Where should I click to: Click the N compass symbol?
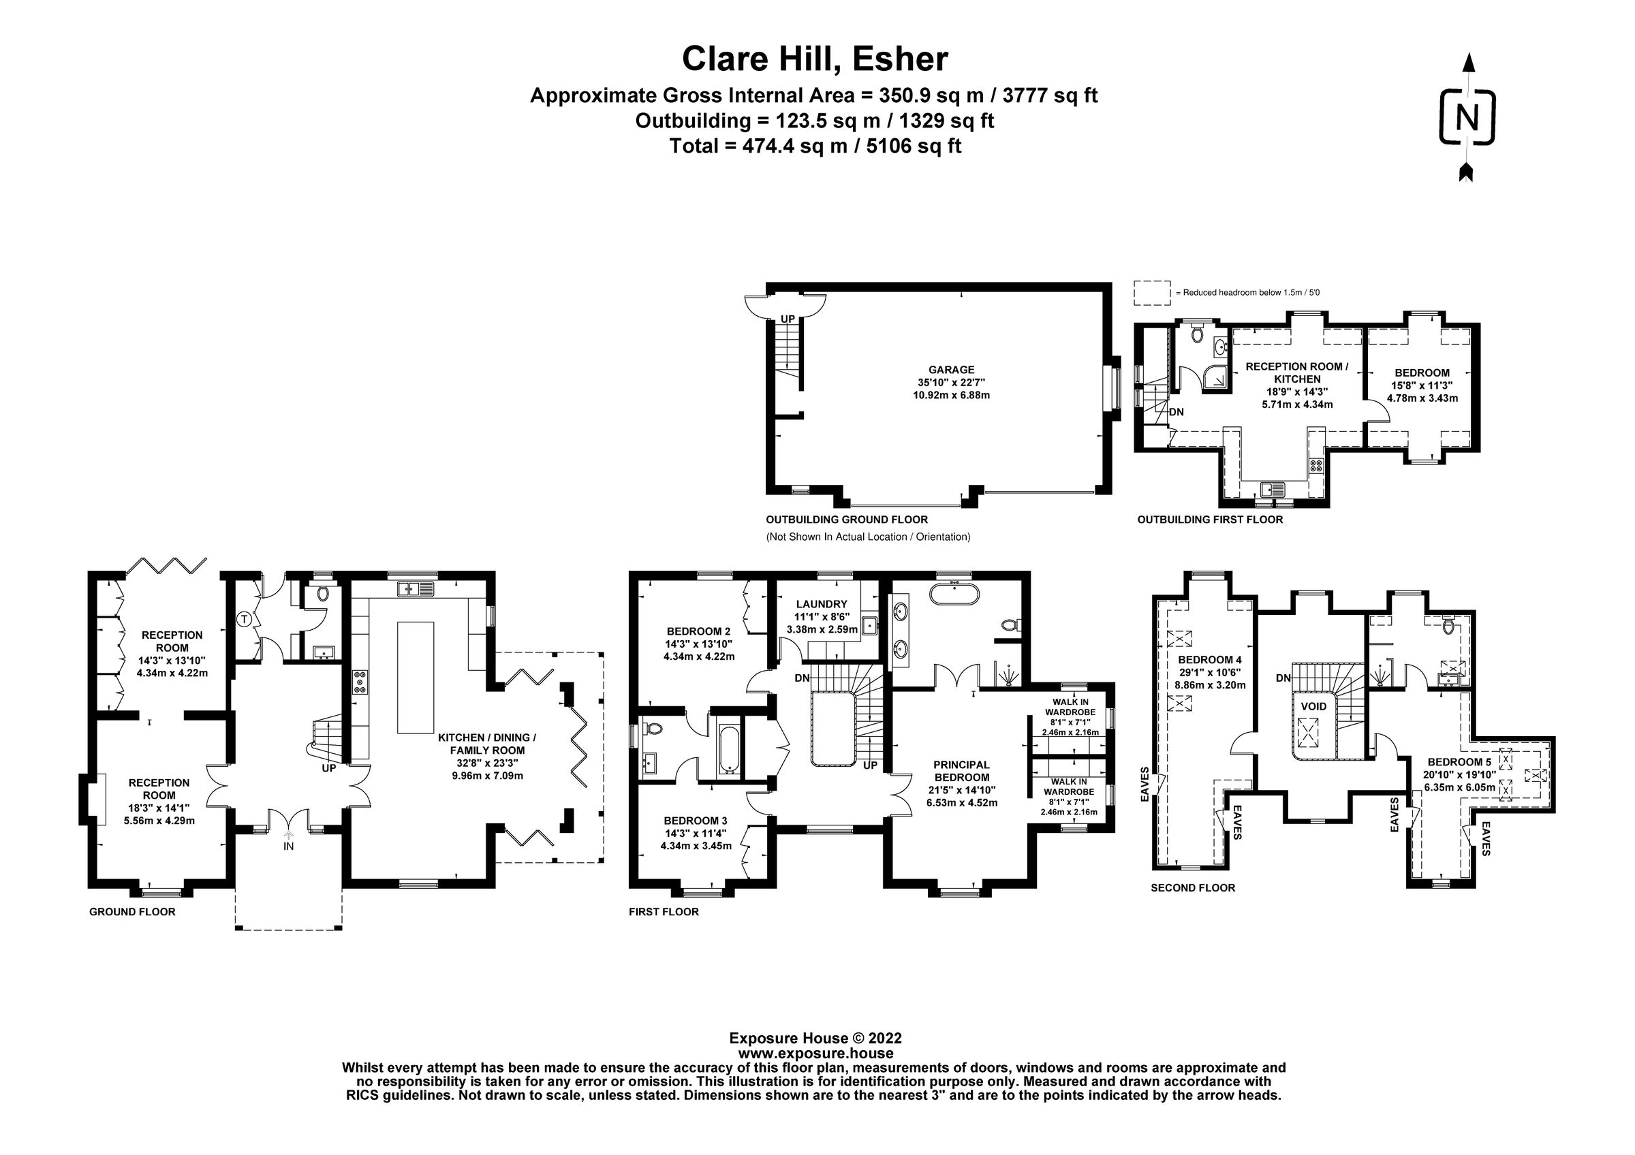tap(1467, 117)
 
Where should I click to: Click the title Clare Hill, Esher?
tap(815, 59)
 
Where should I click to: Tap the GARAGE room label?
tap(952, 370)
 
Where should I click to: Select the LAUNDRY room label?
tap(821, 604)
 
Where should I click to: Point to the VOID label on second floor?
tap(1314, 707)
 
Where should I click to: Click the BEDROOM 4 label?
tap(1209, 660)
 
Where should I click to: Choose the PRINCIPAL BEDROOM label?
tap(961, 771)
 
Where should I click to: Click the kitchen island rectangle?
tap(415, 678)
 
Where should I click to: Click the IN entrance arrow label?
tap(288, 846)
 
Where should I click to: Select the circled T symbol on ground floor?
tap(245, 619)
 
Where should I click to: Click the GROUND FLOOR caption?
tap(131, 912)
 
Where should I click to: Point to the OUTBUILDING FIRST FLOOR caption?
tap(1209, 520)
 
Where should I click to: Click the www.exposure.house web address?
tap(815, 1054)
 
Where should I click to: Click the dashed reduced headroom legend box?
tap(1151, 292)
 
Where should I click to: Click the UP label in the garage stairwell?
tap(788, 319)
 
